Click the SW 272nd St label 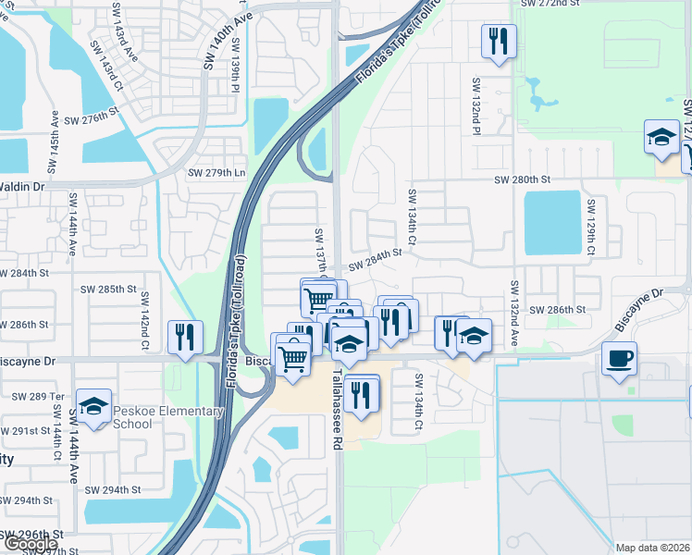(x=550, y=4)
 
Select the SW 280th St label (x=523, y=179)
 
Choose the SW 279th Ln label (x=217, y=173)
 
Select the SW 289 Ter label (x=37, y=396)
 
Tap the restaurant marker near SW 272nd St (x=499, y=42)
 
